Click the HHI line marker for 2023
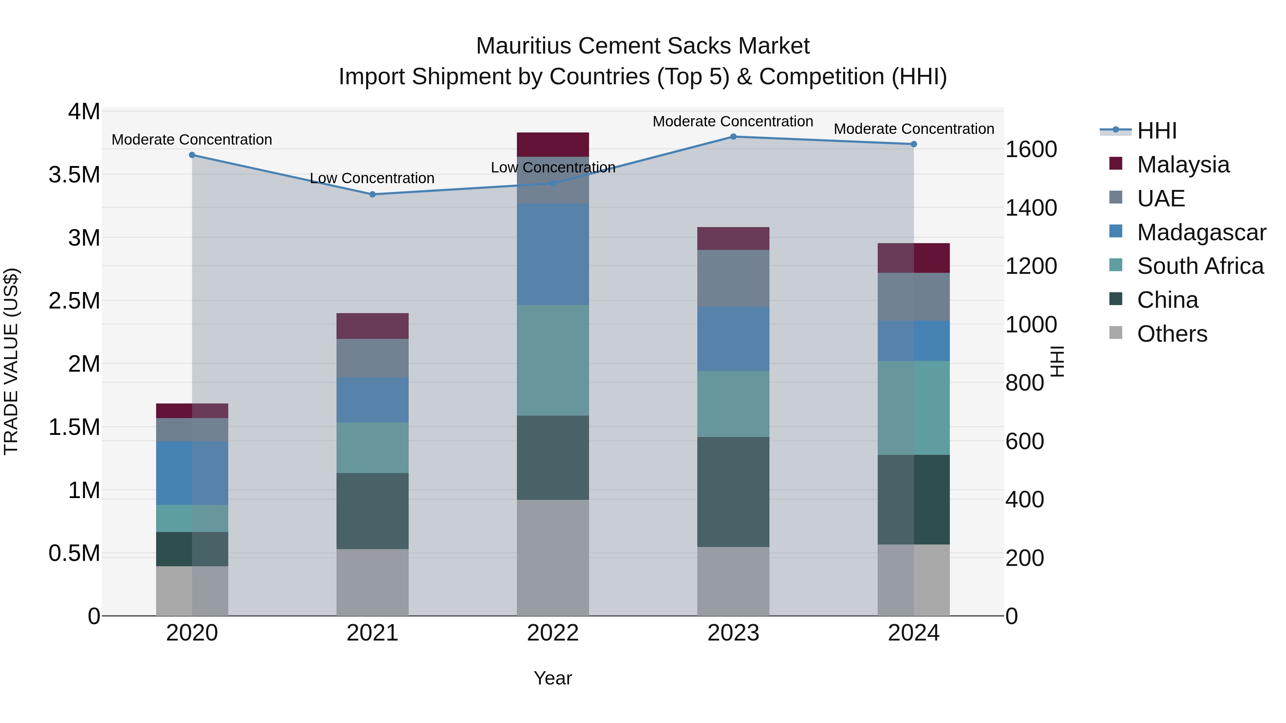(733, 137)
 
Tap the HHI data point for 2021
(373, 195)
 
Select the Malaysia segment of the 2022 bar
(553, 145)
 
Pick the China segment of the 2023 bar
(733, 492)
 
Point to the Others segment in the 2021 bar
(373, 582)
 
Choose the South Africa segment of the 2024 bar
(913, 408)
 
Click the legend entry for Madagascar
(1201, 232)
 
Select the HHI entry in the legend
(1157, 131)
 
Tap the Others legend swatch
(1115, 333)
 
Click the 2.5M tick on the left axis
(74, 301)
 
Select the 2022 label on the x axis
(553, 633)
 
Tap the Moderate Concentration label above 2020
(192, 140)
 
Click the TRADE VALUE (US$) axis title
(11, 361)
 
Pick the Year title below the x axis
(553, 678)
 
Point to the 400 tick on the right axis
(1025, 499)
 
